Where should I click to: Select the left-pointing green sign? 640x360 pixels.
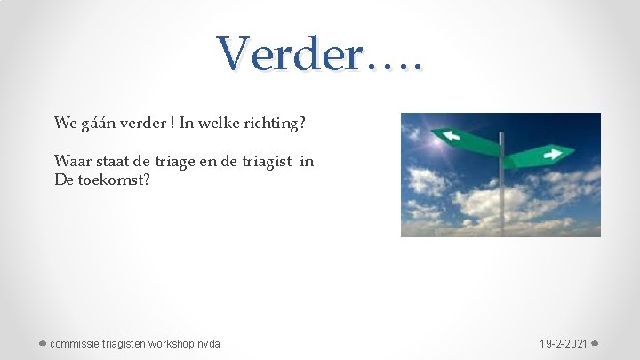coord(468,141)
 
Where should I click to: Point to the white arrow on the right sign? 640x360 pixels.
coord(552,154)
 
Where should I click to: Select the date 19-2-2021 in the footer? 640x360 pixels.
coord(563,344)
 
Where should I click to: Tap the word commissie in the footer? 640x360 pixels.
coord(76,344)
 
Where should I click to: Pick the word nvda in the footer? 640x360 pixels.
coord(210,344)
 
